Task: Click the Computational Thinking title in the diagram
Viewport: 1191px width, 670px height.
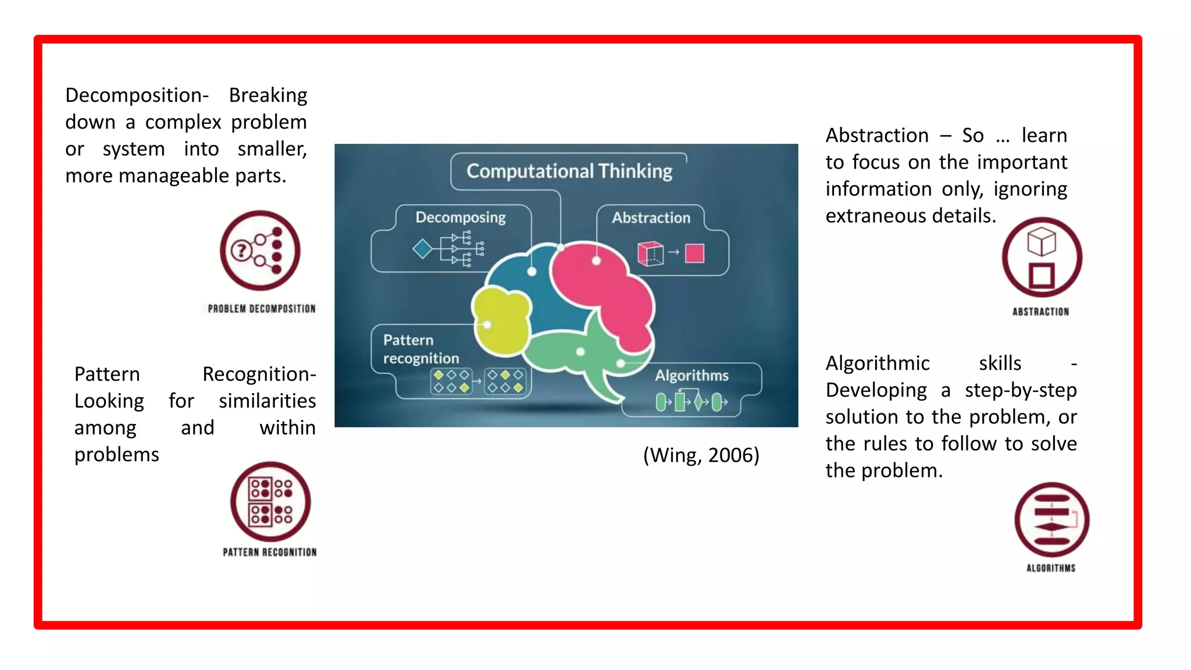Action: (569, 171)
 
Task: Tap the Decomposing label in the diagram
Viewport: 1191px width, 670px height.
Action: (461, 218)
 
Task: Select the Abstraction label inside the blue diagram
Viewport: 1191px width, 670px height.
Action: (651, 218)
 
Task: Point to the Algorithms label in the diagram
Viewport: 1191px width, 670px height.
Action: (691, 375)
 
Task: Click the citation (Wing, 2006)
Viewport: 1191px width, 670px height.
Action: (701, 455)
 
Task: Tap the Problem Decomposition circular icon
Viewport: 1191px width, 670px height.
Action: (260, 251)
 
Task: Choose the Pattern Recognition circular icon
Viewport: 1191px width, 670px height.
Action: (270, 501)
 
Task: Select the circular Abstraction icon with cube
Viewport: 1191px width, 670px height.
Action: (1042, 257)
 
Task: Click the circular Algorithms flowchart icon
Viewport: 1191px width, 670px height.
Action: (1051, 519)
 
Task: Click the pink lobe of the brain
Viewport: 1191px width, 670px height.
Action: (605, 285)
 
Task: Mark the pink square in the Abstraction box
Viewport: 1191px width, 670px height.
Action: (694, 253)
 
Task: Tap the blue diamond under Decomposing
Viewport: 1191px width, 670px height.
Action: (422, 249)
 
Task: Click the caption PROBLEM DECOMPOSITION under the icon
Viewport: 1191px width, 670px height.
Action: (262, 309)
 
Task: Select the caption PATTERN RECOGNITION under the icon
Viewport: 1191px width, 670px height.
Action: (270, 552)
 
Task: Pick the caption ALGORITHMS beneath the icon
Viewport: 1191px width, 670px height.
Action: (1051, 568)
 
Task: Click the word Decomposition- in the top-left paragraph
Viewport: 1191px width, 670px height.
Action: (137, 95)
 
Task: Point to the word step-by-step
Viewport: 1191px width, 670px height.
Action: (1021, 390)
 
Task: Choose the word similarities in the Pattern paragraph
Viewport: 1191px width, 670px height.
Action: (267, 401)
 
